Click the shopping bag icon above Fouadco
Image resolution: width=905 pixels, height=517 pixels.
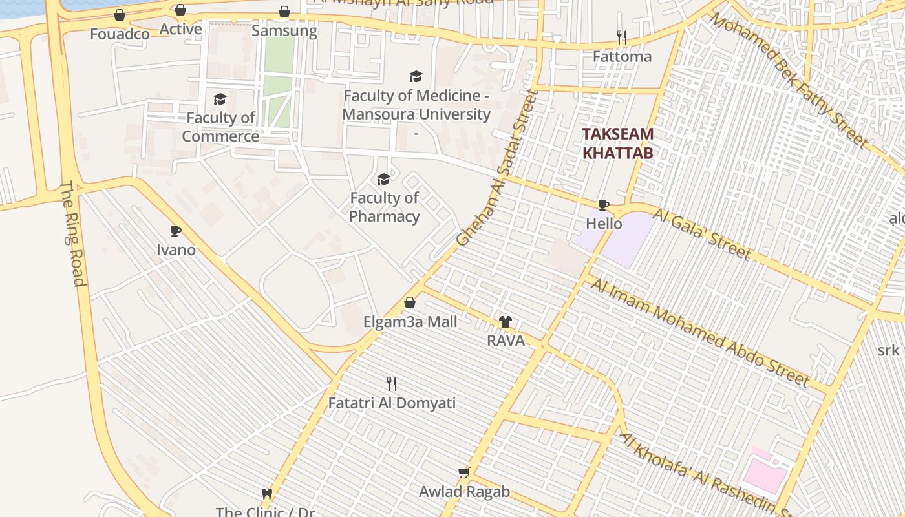tap(120, 15)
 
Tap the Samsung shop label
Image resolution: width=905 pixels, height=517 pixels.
tap(284, 30)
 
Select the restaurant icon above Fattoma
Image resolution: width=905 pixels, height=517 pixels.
tap(622, 37)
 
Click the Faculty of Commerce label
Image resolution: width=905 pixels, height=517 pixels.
tap(220, 127)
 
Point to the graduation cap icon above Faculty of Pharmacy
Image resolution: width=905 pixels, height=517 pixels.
tap(383, 179)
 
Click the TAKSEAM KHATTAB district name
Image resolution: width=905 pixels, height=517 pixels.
tap(617, 143)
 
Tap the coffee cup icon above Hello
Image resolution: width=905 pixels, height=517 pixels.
tap(604, 205)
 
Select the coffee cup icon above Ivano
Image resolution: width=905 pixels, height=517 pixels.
tap(175, 231)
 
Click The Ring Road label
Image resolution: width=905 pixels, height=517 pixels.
tap(73, 234)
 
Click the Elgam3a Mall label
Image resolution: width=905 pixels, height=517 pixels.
tap(410, 322)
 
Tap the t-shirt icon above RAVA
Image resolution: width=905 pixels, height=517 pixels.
tap(505, 321)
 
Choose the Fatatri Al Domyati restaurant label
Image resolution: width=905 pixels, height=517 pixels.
tap(392, 403)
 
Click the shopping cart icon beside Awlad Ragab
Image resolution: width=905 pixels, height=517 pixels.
tap(463, 473)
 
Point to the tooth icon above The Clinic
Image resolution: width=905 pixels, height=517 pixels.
tap(266, 494)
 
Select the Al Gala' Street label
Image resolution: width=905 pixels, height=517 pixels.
tap(702, 234)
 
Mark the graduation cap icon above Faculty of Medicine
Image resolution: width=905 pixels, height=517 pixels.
tap(416, 77)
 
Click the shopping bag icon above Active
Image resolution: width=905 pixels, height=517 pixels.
tap(180, 10)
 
